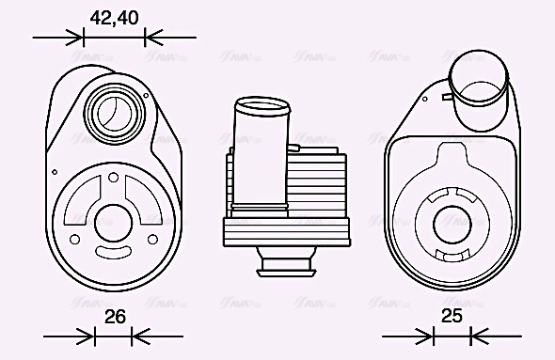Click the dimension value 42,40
tap(115, 17)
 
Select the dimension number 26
tap(115, 317)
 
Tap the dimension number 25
tap(452, 317)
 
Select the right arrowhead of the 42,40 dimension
tap(151, 38)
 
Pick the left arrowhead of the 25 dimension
tap(426, 336)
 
